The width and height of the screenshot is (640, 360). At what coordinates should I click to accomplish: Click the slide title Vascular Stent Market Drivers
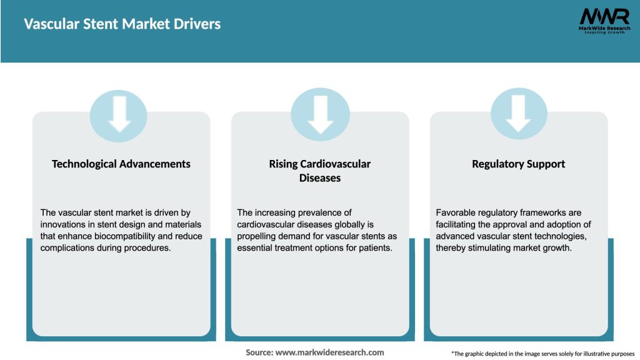[122, 24]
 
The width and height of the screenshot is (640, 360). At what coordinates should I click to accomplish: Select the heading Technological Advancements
[121, 164]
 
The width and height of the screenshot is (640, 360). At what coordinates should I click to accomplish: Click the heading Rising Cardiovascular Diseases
[320, 171]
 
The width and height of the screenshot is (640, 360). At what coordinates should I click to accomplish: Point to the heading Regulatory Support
[518, 164]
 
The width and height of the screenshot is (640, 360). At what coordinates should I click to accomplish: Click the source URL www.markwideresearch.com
[329, 352]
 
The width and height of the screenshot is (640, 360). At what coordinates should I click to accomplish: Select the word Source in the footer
[258, 352]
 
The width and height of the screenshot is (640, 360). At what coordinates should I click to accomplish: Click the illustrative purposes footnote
[542, 354]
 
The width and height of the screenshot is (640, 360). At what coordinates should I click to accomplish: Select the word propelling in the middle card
[259, 236]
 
